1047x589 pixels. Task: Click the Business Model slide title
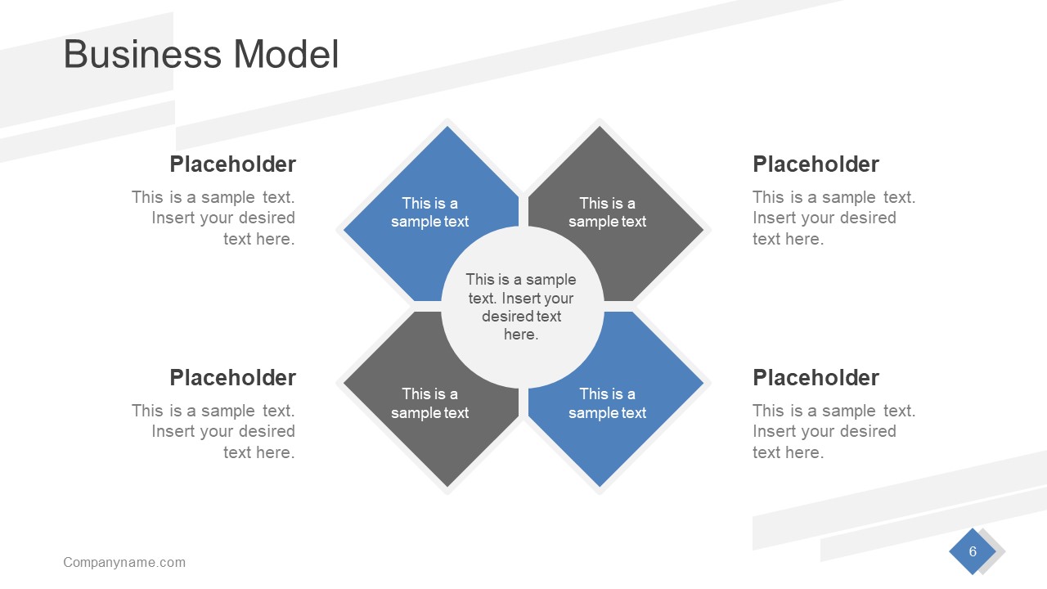click(x=200, y=55)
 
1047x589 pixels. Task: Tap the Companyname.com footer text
click(x=124, y=562)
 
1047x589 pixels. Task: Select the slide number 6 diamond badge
click(x=973, y=551)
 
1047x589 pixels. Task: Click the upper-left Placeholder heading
click(x=232, y=164)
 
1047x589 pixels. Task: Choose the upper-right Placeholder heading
click(x=816, y=164)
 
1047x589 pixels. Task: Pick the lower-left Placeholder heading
click(x=232, y=378)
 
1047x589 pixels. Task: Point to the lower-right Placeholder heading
click(x=816, y=378)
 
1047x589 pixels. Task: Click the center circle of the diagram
click(x=522, y=307)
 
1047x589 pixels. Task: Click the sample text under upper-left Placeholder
click(x=214, y=218)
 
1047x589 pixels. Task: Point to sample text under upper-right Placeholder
click(x=834, y=218)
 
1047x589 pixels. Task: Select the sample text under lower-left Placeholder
click(x=214, y=432)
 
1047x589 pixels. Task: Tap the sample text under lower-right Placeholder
click(x=834, y=432)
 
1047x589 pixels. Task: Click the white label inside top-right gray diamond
click(x=607, y=213)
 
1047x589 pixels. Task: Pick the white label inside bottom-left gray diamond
click(x=429, y=403)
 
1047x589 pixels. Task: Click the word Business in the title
click(x=142, y=55)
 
